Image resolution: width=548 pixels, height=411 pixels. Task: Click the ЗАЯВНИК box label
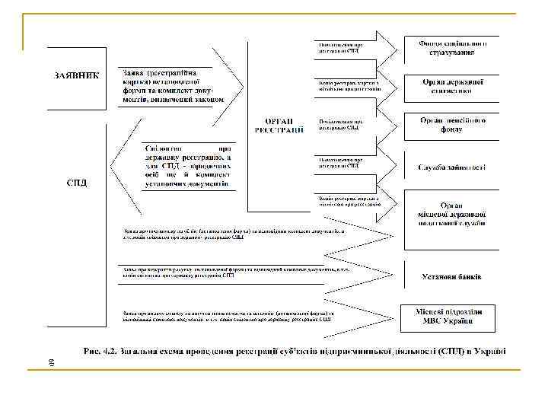pos(76,76)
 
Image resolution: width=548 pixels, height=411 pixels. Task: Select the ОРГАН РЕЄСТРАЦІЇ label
pos(279,126)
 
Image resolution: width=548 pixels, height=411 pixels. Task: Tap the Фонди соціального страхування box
pos(451,48)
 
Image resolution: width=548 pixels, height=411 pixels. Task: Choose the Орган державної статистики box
pos(451,85)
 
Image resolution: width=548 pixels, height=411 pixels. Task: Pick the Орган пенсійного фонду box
pos(451,126)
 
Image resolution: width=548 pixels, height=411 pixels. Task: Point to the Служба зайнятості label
pos(451,167)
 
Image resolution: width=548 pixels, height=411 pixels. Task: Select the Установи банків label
pos(451,276)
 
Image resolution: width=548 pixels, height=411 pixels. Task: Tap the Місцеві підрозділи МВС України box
pos(451,317)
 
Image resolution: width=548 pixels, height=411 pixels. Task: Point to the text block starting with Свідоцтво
pos(185,165)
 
